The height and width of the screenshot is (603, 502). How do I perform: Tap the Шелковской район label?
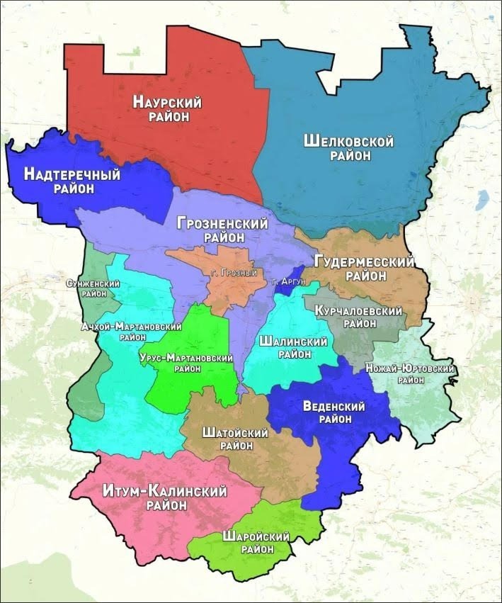[x=348, y=148]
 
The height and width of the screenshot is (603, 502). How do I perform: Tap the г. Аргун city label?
[x=288, y=282]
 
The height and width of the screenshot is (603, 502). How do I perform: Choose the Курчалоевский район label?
[x=360, y=317]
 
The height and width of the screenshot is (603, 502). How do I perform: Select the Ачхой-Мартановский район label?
[x=131, y=332]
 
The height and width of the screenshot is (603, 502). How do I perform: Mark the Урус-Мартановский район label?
[x=187, y=363]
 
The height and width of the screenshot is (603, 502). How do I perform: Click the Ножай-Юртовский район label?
[x=410, y=373]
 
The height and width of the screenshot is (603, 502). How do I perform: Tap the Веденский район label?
[x=333, y=412]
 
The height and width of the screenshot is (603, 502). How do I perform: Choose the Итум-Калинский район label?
[x=164, y=497]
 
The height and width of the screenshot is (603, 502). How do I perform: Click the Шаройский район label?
[x=256, y=542]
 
